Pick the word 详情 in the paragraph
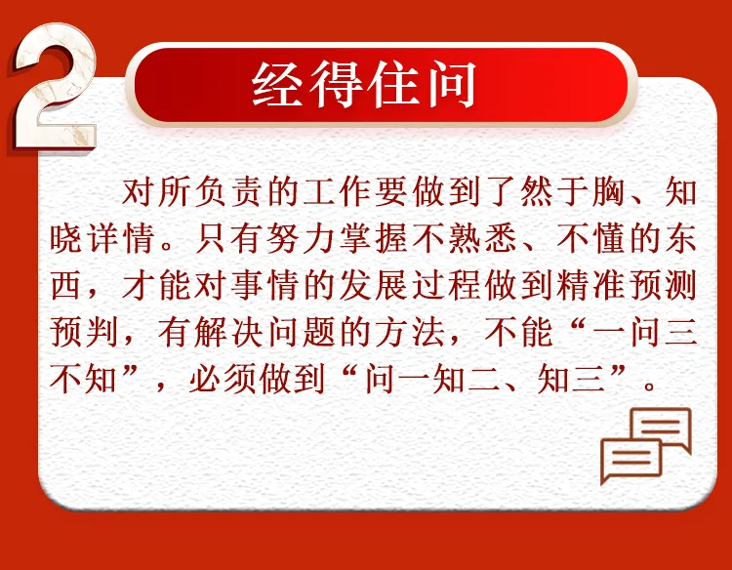click(x=121, y=238)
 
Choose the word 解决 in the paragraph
click(x=228, y=332)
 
